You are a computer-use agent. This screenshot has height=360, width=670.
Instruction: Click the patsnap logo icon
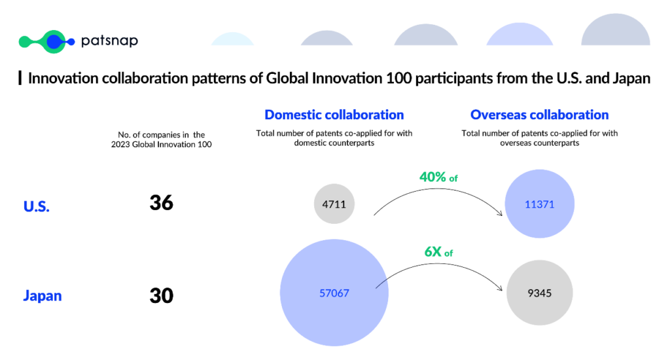click(47, 41)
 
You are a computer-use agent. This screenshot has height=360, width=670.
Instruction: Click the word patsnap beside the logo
click(109, 41)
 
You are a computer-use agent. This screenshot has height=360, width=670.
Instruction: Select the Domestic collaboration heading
click(334, 115)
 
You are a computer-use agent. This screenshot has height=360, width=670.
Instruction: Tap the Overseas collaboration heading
click(539, 115)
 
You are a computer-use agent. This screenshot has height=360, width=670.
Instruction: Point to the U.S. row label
click(37, 206)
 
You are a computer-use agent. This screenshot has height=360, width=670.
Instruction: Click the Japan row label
click(43, 295)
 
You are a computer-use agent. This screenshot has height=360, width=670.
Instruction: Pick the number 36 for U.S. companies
click(162, 203)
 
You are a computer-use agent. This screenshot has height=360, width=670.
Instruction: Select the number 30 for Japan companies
click(162, 295)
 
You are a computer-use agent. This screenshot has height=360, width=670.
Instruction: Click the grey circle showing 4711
click(334, 204)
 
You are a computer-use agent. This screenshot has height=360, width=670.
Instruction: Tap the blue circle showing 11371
click(539, 204)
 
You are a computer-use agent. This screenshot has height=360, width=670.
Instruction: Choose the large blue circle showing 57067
click(334, 293)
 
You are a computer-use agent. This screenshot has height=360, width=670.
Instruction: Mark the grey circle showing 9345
click(539, 293)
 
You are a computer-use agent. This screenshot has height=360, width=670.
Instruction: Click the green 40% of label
click(438, 177)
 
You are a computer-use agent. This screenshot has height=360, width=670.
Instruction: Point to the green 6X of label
click(438, 252)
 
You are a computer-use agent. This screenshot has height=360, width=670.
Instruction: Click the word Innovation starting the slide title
click(63, 79)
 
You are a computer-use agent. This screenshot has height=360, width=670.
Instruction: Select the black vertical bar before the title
click(20, 79)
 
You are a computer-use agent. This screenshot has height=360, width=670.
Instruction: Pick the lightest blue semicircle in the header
click(232, 39)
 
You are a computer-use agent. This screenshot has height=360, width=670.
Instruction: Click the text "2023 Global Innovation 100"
click(162, 145)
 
